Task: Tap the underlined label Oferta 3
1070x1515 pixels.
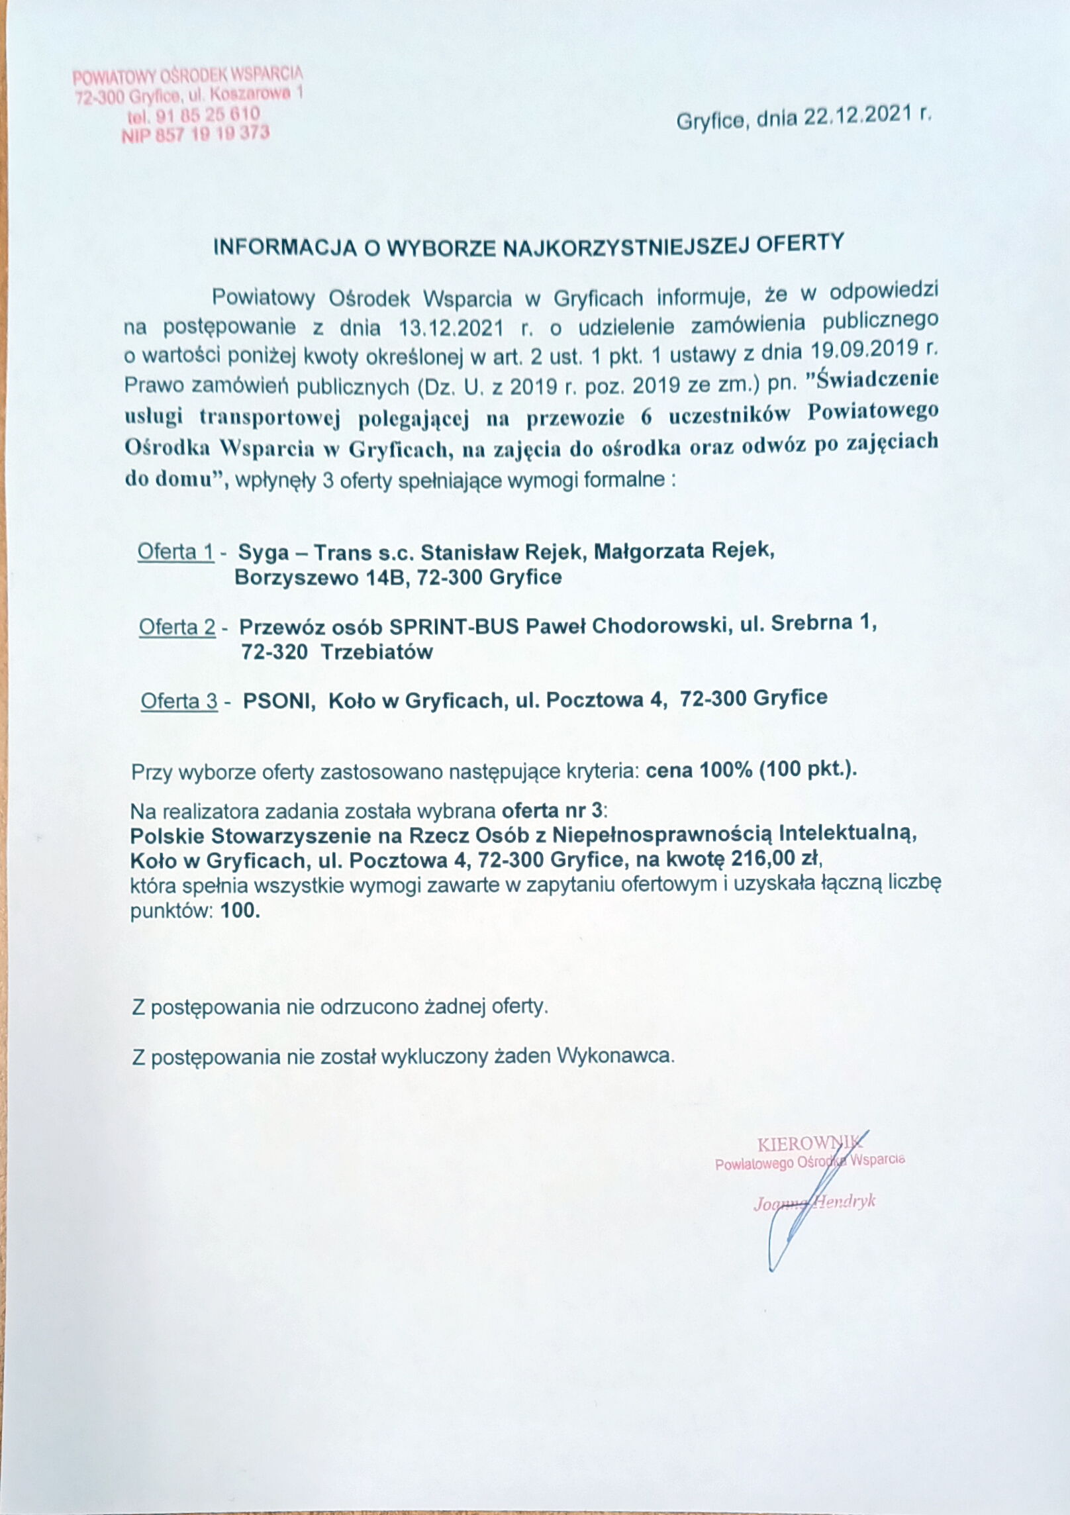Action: click(179, 701)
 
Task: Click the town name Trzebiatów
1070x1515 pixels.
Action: click(377, 652)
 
